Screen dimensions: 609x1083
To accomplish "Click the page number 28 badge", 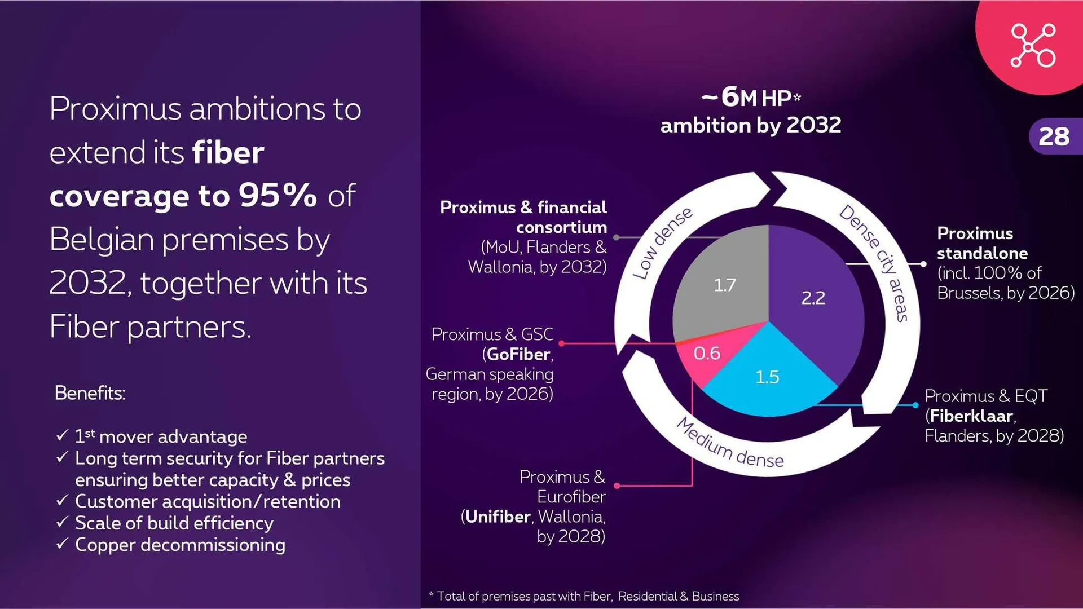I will point(1054,136).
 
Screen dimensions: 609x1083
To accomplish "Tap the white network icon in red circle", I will point(1033,46).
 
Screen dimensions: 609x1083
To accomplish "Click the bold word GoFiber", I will point(518,355).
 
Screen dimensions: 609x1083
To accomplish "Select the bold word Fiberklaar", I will point(971,416).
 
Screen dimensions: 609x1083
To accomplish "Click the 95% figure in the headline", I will point(278,196).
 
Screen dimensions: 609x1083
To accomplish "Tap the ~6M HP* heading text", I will point(751,98).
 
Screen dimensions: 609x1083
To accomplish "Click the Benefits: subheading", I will point(90,393).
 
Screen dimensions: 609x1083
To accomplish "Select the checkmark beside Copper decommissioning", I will point(62,544).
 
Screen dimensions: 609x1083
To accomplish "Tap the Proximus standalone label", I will point(982,243).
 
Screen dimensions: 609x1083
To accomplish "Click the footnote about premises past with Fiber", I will point(584,596).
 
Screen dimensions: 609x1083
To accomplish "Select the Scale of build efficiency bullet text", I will point(174,523).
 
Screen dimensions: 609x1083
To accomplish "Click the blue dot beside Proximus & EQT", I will point(915,405).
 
